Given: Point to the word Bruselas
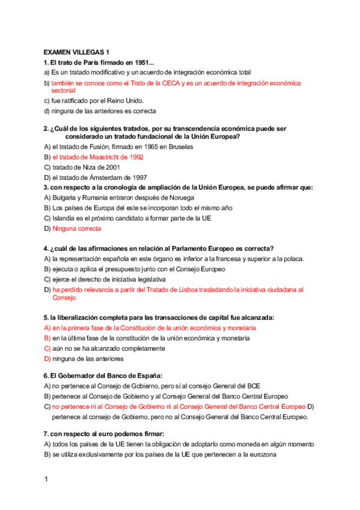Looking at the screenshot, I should [x=178, y=147].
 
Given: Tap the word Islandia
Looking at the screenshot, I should [x=66, y=218].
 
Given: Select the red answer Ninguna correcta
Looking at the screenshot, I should [x=77, y=229].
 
